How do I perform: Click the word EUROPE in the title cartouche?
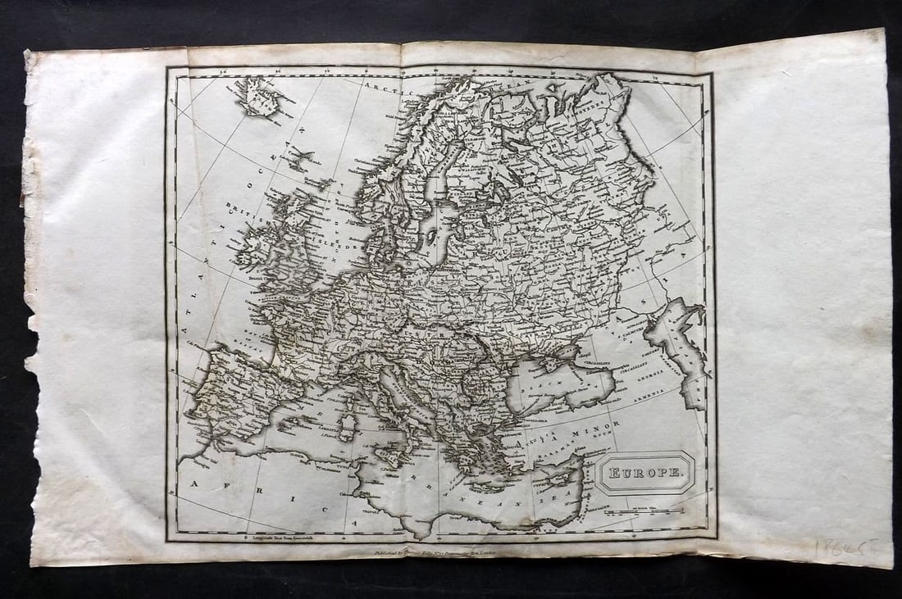(645, 472)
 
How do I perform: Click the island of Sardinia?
(348, 425)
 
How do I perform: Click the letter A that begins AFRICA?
(196, 484)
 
